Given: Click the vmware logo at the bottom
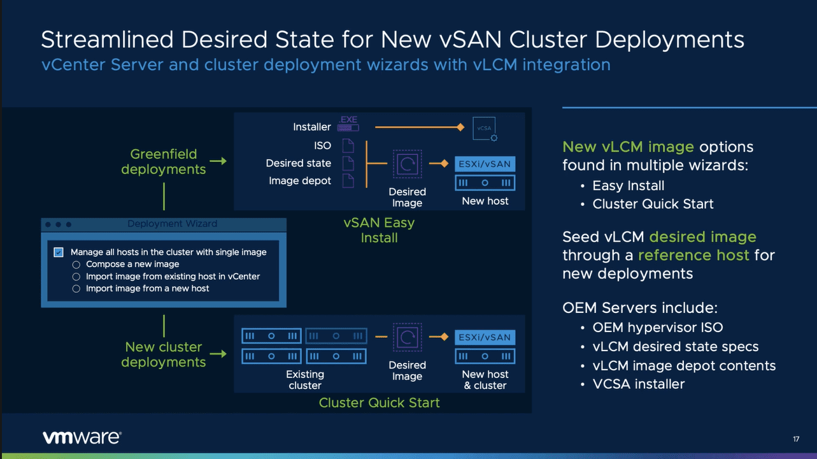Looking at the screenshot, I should (x=82, y=437).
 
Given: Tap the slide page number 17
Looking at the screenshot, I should (x=796, y=439).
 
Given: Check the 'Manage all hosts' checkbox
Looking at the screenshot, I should (x=59, y=252).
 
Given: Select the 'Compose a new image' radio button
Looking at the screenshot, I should (x=76, y=265).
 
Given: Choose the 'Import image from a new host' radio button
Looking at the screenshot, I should (x=76, y=289).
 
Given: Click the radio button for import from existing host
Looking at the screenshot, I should (x=76, y=277).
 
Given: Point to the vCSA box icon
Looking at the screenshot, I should (x=485, y=128).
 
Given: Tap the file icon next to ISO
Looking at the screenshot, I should (x=348, y=146).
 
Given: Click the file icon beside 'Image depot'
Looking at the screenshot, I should (x=348, y=180).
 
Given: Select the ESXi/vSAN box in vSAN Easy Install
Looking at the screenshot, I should (x=485, y=164).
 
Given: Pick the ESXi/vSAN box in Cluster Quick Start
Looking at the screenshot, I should (x=485, y=337).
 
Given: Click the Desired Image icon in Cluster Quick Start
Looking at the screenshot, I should (x=407, y=337).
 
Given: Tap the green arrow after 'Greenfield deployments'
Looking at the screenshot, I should (x=218, y=161).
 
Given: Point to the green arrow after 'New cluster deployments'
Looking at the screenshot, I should (x=218, y=354).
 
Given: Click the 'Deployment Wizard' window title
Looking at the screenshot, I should (x=172, y=224).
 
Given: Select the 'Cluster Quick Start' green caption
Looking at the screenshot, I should (x=379, y=403).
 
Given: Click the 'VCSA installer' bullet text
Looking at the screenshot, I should (x=639, y=384).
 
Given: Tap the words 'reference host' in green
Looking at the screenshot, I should (x=693, y=255).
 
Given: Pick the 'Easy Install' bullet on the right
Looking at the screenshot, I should (x=628, y=186).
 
